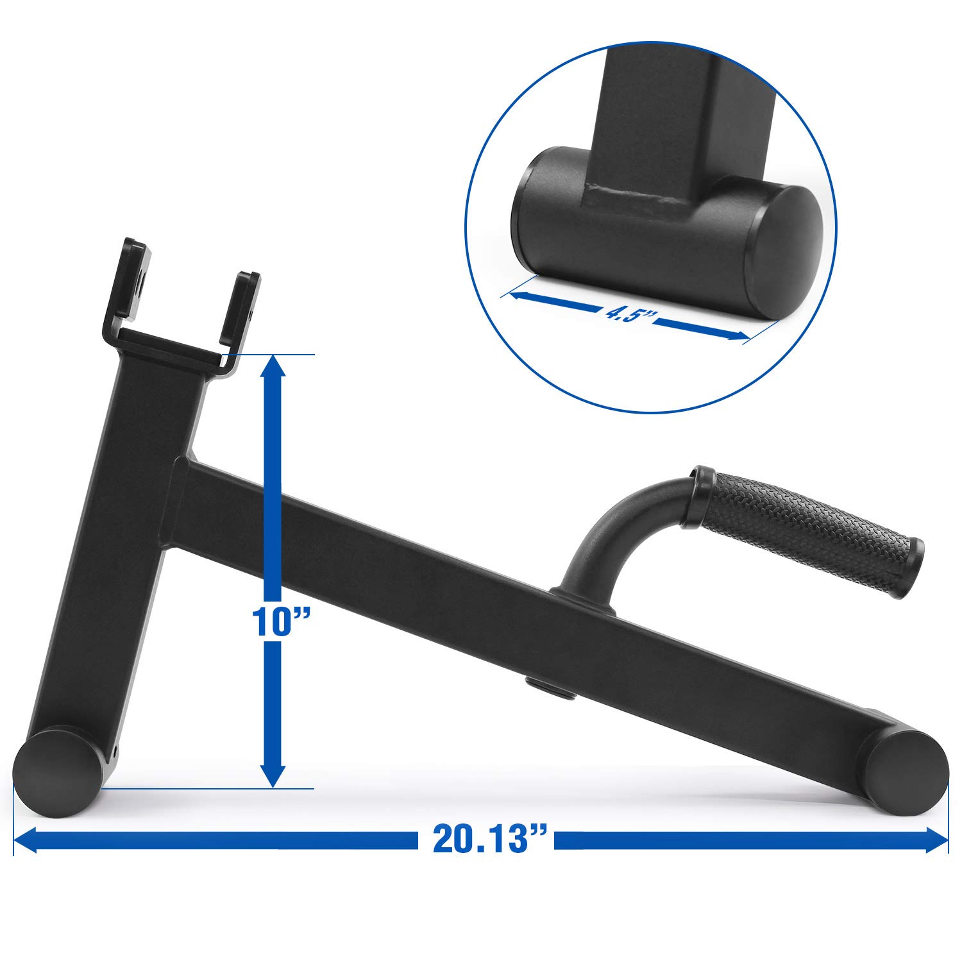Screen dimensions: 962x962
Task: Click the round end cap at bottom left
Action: [x=56, y=772]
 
